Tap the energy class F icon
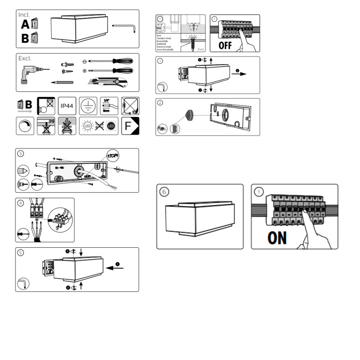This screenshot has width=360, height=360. (130, 126)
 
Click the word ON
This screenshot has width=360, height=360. (277, 238)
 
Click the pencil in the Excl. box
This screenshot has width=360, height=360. (62, 82)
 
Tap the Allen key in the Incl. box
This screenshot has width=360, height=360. (125, 27)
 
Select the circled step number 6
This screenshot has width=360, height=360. (164, 191)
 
